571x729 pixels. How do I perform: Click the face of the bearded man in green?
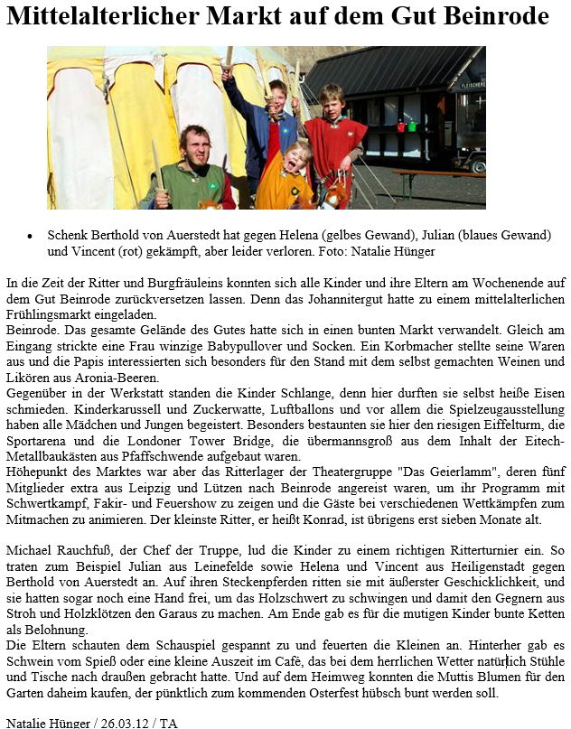(x=196, y=146)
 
